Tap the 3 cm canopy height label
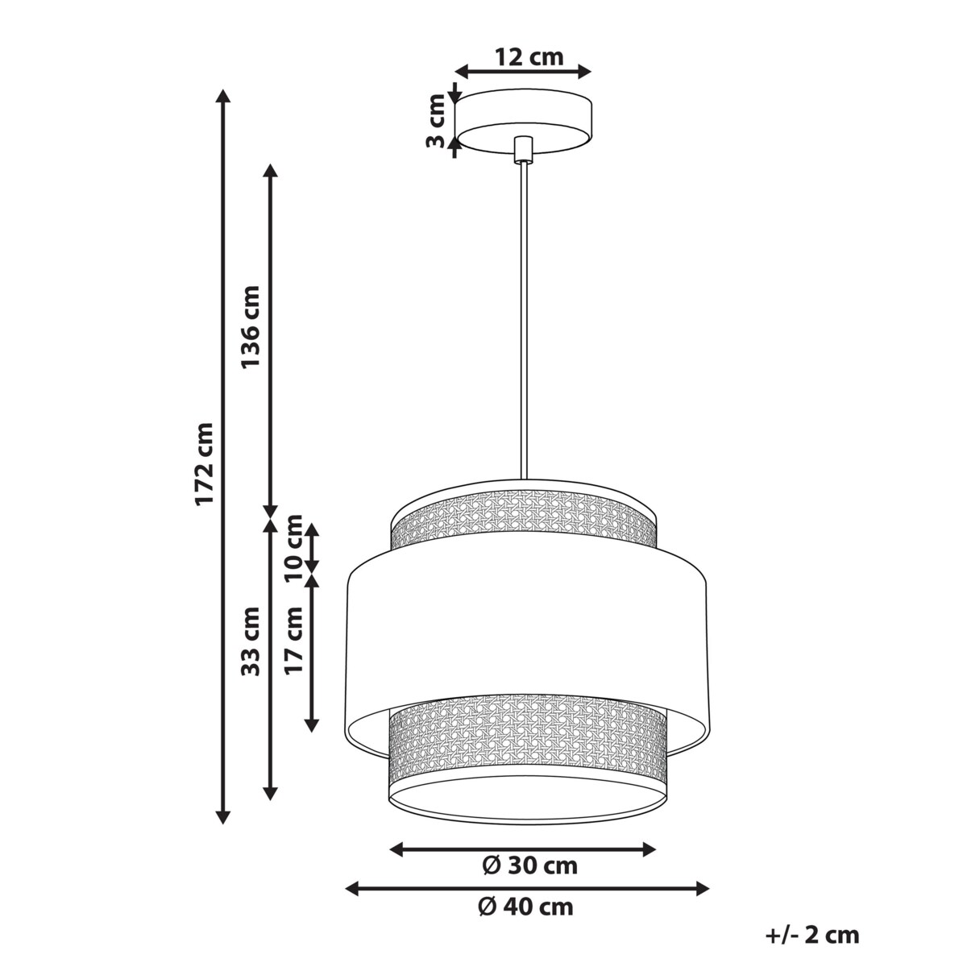[x=436, y=121]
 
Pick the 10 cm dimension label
[x=295, y=546]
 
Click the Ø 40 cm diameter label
[x=525, y=907]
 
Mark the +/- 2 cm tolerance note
[x=811, y=936]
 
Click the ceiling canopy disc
[x=525, y=119]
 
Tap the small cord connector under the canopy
[x=523, y=150]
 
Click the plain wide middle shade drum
[x=528, y=629]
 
